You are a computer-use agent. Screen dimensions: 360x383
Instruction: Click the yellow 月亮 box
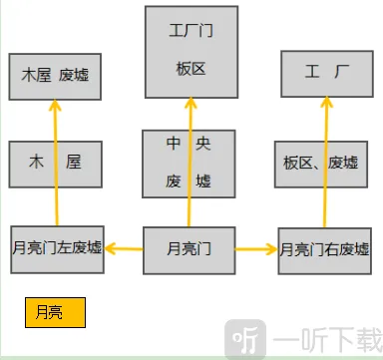point(56,312)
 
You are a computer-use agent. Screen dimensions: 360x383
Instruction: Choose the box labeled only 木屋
point(56,164)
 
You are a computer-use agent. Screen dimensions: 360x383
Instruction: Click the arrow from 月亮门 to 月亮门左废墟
point(124,246)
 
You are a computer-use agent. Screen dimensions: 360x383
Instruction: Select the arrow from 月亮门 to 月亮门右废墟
point(256,247)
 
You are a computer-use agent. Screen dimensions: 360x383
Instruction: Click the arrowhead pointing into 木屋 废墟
point(56,107)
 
